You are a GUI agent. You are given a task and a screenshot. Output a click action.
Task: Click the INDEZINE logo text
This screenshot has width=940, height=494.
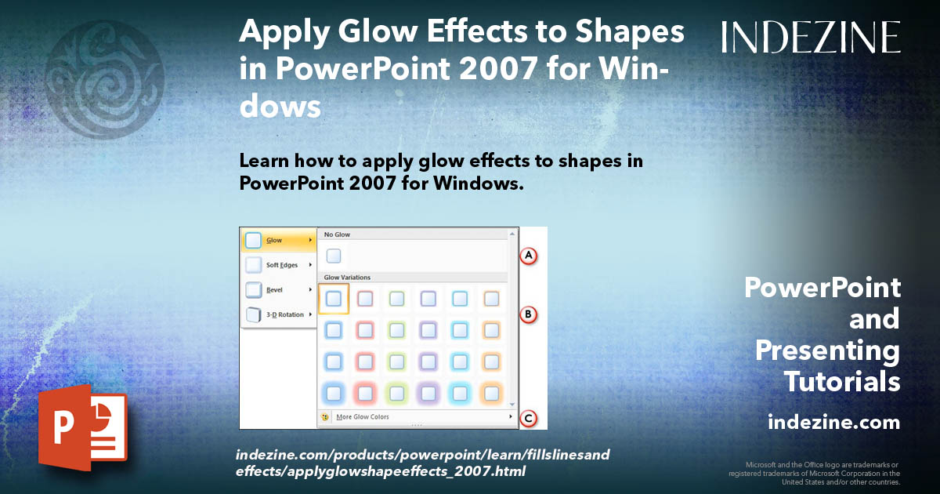point(811,37)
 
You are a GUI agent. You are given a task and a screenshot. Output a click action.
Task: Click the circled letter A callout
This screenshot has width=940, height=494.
point(529,256)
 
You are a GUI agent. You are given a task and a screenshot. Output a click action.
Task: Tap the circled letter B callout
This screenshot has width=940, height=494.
point(529,314)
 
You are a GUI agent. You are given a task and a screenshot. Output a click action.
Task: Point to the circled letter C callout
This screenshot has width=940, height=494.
point(529,419)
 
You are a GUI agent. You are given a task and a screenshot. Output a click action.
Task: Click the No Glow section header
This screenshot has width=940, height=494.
point(338,234)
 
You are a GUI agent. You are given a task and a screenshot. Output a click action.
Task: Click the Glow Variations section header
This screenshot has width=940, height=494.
point(347,278)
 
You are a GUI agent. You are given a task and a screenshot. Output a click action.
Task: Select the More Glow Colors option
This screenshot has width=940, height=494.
point(362,417)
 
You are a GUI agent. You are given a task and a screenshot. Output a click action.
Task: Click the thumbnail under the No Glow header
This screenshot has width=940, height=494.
point(334,256)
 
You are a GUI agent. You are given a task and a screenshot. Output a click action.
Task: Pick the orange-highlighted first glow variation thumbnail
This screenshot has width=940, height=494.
point(334,299)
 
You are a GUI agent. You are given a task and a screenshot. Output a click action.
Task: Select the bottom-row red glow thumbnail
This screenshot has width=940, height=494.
point(366,392)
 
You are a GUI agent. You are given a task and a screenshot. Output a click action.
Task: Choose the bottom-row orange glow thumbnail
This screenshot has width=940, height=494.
point(492,392)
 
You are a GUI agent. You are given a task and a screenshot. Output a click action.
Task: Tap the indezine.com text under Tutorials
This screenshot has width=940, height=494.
point(833,423)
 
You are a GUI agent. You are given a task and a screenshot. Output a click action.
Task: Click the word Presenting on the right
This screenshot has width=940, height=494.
point(828,351)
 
